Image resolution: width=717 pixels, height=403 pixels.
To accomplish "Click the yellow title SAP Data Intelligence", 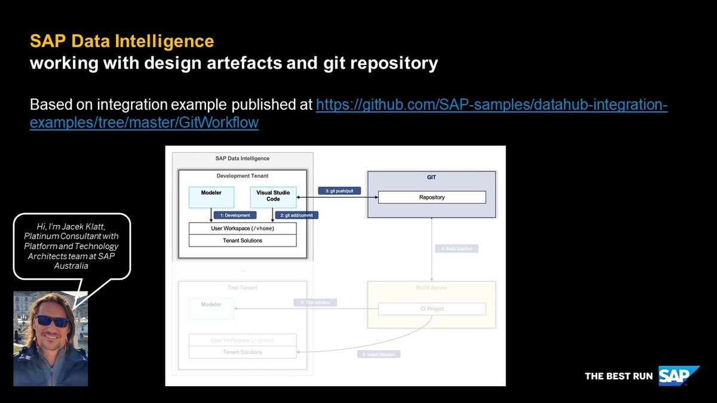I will [x=122, y=41].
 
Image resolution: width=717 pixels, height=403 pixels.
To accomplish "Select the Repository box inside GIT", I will [x=432, y=197].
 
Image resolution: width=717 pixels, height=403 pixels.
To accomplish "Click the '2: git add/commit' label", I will [x=296, y=215].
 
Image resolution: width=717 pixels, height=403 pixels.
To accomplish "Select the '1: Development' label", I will [x=238, y=215].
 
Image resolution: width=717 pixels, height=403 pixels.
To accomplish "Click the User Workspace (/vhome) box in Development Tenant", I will [x=243, y=229].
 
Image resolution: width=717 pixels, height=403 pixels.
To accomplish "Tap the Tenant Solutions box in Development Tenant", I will [x=243, y=241].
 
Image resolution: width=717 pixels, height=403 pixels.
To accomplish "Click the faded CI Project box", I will [x=432, y=309].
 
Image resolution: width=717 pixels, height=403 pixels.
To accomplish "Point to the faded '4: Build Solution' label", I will [x=456, y=248].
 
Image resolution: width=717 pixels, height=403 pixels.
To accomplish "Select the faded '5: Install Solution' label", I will [x=379, y=355].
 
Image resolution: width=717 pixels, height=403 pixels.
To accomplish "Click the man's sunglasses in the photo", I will [x=52, y=321].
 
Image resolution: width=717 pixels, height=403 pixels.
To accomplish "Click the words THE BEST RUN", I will [x=618, y=376].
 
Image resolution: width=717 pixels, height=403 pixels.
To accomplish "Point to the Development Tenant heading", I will [x=243, y=176].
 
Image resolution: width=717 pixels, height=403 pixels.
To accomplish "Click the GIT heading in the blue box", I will [x=432, y=178].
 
